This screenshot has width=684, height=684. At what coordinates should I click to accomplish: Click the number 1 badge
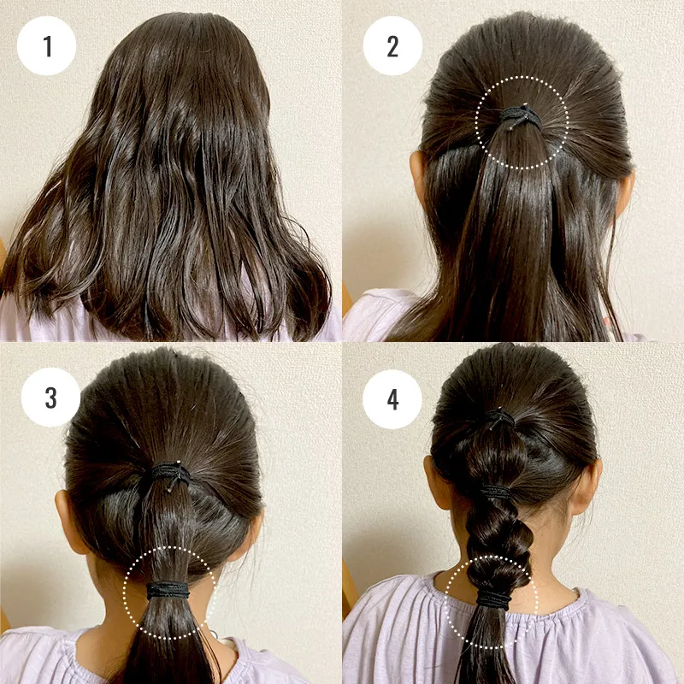(x=47, y=46)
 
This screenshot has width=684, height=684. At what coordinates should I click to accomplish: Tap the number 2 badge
(x=392, y=46)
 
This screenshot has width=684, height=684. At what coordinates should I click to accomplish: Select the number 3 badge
(x=51, y=398)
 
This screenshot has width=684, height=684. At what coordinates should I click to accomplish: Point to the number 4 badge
(x=392, y=399)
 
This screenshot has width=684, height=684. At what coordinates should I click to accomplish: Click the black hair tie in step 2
(x=520, y=116)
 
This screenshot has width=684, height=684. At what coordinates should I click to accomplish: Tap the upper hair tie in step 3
(x=170, y=474)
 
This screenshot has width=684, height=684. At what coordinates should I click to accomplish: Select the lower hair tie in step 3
(x=168, y=590)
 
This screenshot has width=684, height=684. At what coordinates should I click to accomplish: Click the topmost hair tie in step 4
(x=500, y=419)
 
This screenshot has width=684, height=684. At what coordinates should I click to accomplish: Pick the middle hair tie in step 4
(x=496, y=493)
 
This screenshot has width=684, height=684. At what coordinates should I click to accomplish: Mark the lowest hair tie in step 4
(x=493, y=599)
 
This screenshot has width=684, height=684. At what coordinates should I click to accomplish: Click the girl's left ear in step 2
(x=417, y=174)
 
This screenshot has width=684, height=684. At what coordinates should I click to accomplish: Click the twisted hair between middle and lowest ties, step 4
(x=498, y=545)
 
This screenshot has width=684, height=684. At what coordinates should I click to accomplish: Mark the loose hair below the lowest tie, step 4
(x=486, y=646)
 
